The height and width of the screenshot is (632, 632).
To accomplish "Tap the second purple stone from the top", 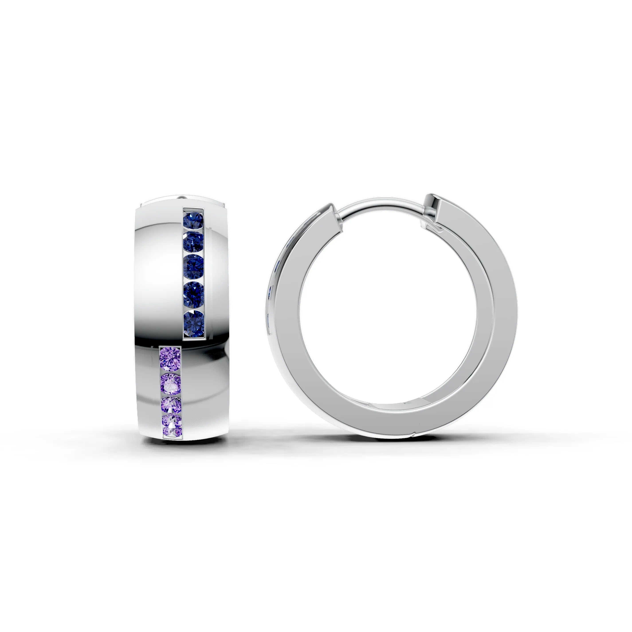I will tap(171, 384).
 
